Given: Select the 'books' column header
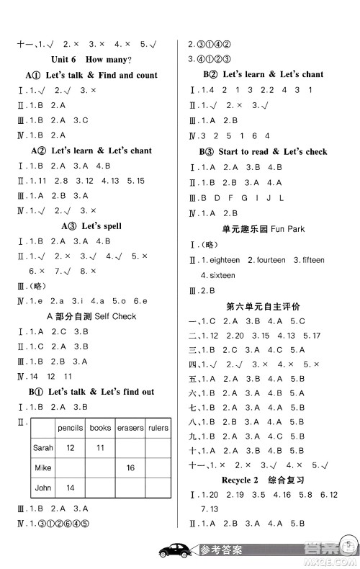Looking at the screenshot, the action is tap(100, 428).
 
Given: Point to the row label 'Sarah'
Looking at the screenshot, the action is tap(43, 447).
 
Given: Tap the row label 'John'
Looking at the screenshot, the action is tap(43, 488).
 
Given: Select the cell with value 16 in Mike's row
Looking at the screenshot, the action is tap(131, 468).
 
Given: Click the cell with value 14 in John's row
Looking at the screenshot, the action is tap(71, 488).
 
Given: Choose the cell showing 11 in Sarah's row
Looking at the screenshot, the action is tap(101, 447).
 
